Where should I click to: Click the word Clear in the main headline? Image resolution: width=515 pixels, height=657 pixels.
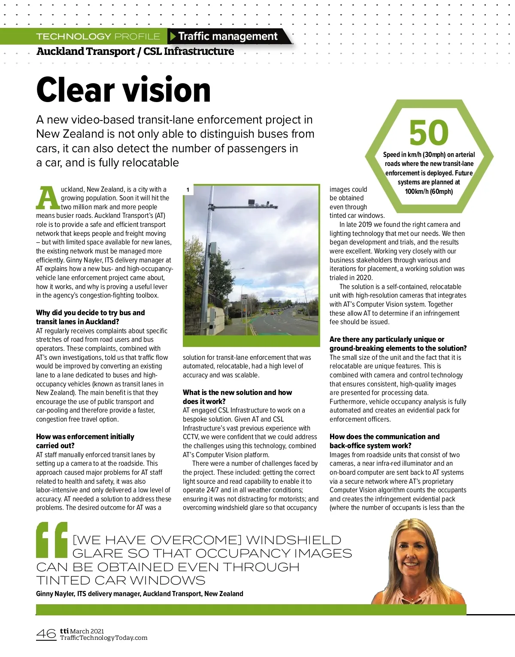tap(76, 90)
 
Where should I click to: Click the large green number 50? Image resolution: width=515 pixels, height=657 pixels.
tap(429, 133)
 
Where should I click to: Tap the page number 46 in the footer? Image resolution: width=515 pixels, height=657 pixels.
tap(46, 633)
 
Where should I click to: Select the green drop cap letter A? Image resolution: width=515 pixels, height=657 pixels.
tap(48, 198)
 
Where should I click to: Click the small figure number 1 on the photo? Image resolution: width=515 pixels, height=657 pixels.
tap(188, 190)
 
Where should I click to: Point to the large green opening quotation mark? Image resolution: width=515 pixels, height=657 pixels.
tap(52, 539)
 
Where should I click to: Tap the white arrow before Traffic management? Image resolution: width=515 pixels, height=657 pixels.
tap(173, 36)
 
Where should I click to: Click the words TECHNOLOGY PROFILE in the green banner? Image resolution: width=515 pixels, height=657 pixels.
tap(98, 36)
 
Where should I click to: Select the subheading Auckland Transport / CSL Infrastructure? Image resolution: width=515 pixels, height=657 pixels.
tap(135, 51)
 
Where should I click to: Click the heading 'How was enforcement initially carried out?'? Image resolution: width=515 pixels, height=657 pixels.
tap(85, 441)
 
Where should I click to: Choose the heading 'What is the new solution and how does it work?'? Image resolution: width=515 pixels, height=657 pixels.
tap(237, 397)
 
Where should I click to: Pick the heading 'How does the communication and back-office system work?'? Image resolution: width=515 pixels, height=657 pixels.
tap(384, 441)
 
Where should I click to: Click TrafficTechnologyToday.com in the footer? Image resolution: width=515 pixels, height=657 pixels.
tap(103, 638)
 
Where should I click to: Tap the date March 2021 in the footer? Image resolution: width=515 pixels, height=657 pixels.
tap(87, 631)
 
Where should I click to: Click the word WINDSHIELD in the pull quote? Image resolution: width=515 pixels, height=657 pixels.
tap(294, 540)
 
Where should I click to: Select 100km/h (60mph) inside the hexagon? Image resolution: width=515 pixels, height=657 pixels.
tap(429, 191)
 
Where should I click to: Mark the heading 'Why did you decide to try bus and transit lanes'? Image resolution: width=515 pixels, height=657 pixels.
tap(90, 317)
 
